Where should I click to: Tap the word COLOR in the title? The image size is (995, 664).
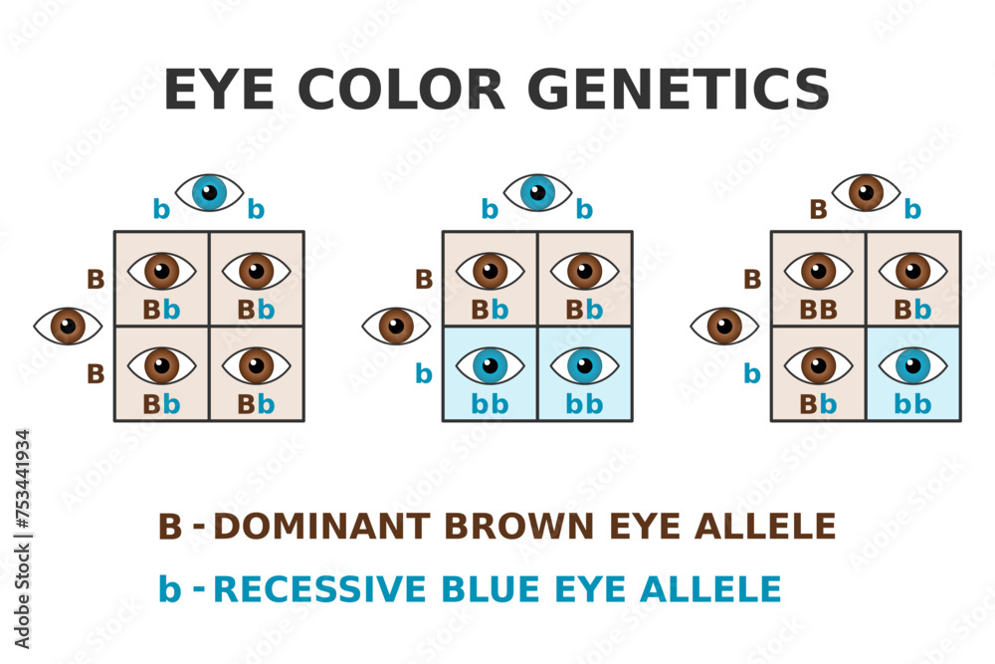(x=401, y=91)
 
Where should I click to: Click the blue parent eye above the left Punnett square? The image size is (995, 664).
(x=209, y=192)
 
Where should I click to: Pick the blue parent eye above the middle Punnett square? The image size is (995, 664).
(x=537, y=192)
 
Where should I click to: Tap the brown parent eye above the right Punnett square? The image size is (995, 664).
(x=866, y=192)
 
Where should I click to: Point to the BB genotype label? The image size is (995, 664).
(x=818, y=310)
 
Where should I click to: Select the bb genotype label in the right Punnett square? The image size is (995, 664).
(x=912, y=404)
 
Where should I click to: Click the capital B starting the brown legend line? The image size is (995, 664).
(x=170, y=526)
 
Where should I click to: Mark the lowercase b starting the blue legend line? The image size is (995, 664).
(x=170, y=589)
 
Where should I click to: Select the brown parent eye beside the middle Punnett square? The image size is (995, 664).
(x=396, y=326)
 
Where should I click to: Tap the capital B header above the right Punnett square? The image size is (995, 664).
(x=818, y=210)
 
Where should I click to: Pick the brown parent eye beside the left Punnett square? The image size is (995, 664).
(x=68, y=326)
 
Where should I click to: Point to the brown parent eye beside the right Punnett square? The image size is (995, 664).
(x=724, y=326)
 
